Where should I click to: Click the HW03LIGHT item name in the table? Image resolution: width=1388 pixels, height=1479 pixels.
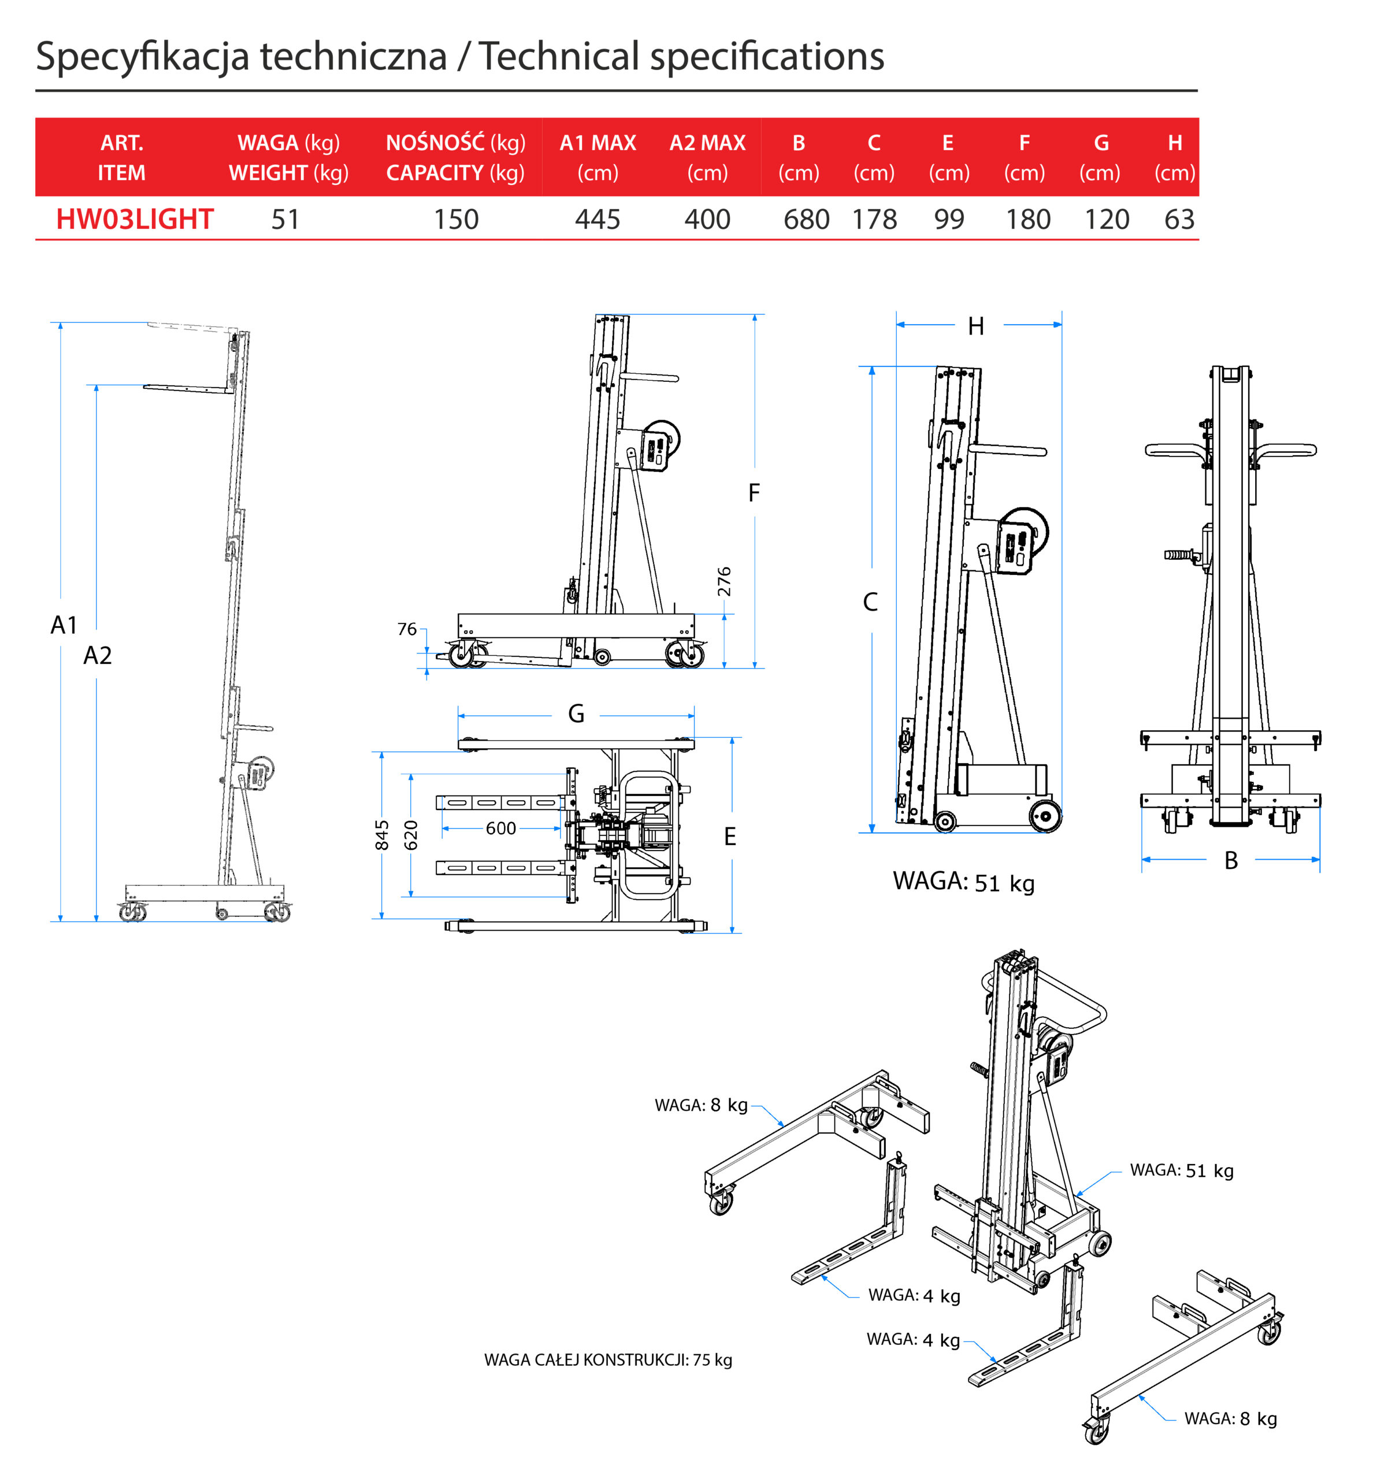pyautogui.click(x=135, y=220)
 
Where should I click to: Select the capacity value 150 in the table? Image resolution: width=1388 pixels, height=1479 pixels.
pyautogui.click(x=457, y=220)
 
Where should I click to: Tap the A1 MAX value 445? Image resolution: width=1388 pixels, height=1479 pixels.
pyautogui.click(x=597, y=220)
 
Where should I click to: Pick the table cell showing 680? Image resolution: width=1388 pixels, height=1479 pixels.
pyautogui.click(x=807, y=220)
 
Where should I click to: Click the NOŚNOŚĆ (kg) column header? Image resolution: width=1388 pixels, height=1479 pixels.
pyautogui.click(x=455, y=142)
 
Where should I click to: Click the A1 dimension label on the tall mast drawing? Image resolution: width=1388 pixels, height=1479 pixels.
pyautogui.click(x=64, y=625)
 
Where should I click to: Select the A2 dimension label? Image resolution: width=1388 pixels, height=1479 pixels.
pyautogui.click(x=98, y=655)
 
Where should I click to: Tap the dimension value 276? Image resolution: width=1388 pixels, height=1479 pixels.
pyautogui.click(x=724, y=582)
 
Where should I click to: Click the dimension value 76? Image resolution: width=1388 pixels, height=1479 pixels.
pyautogui.click(x=407, y=629)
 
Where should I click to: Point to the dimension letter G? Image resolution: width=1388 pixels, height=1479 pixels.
pyautogui.click(x=576, y=714)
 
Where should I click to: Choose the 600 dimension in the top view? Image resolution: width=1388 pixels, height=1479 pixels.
pyautogui.click(x=501, y=828)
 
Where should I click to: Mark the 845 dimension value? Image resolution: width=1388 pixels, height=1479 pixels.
pyautogui.click(x=382, y=835)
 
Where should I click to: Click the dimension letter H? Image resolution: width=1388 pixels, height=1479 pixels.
pyautogui.click(x=975, y=326)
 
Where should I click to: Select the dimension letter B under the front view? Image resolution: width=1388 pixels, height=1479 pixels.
pyautogui.click(x=1231, y=861)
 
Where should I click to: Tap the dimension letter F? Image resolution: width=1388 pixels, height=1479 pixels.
pyautogui.click(x=754, y=492)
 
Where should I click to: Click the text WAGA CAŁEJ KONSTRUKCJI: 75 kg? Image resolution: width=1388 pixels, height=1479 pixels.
pyautogui.click(x=608, y=1360)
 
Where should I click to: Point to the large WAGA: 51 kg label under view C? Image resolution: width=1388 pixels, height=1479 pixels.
pyautogui.click(x=964, y=882)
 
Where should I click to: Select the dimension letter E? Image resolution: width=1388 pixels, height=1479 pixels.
pyautogui.click(x=730, y=837)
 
